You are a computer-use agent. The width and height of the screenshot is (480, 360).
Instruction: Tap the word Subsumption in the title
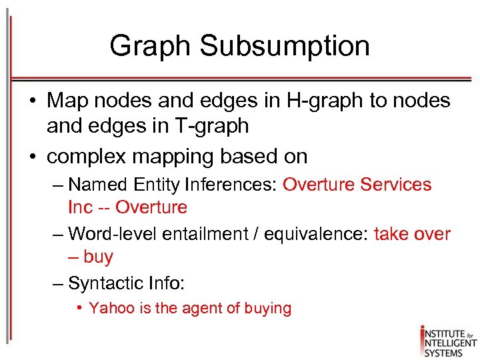coord(284,47)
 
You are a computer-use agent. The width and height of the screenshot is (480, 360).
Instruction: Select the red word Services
coord(395,185)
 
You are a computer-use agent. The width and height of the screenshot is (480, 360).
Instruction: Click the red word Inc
coord(80,207)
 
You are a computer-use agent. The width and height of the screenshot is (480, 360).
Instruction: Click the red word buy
coord(98,257)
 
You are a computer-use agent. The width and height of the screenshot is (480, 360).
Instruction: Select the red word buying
coord(268,309)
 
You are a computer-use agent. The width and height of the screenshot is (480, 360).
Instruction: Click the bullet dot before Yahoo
coord(79,308)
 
